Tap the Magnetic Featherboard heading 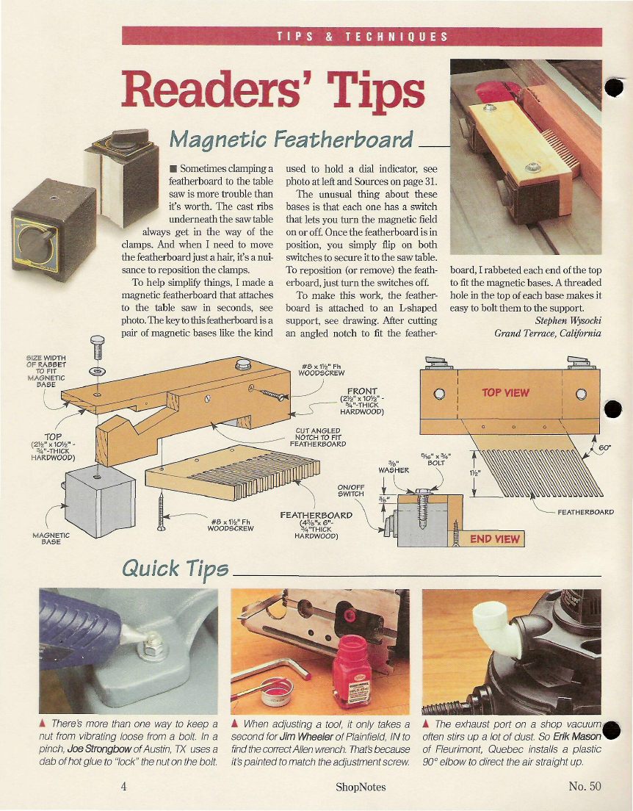291,139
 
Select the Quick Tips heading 175,569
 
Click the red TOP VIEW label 505,392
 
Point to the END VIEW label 494,539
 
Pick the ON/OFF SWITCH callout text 350,490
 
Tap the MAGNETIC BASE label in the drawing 51,538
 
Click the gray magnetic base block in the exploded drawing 100,501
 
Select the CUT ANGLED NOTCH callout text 317,437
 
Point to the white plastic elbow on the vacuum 494,628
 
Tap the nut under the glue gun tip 153,646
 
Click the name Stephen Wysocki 568,321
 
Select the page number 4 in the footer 124,786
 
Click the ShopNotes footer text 361,787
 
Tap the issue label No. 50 585,786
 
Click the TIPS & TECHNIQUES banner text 362,37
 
